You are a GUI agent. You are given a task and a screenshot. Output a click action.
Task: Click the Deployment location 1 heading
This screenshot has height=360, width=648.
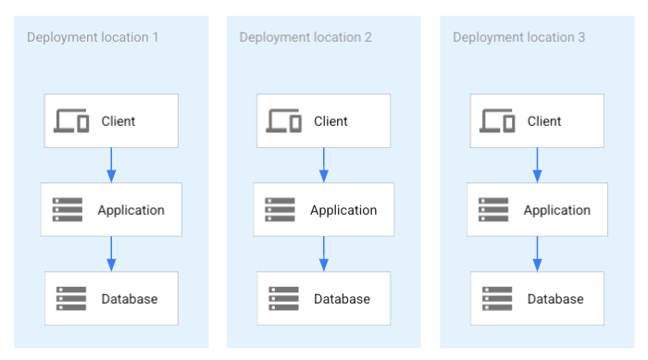click(x=93, y=37)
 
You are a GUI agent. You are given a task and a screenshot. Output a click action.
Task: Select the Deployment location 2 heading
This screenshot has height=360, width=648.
click(x=305, y=37)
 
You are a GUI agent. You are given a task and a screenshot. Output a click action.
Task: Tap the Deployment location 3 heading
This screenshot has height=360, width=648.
click(x=518, y=37)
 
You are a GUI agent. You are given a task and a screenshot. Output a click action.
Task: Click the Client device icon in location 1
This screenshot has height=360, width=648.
click(x=71, y=121)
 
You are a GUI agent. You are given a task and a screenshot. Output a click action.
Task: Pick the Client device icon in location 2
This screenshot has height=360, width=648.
click(x=284, y=121)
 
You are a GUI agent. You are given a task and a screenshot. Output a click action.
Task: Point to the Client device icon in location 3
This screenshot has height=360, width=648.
click(x=498, y=121)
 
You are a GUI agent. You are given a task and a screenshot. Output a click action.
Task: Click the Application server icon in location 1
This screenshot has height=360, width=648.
click(x=68, y=210)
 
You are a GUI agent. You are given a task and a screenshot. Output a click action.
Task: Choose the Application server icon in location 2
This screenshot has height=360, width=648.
click(x=280, y=210)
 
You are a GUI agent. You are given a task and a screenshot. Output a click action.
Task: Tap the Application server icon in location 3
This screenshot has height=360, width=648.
click(x=494, y=210)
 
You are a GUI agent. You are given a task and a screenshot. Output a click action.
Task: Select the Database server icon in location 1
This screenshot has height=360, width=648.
click(x=71, y=299)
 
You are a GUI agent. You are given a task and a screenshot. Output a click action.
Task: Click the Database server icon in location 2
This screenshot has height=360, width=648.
click(x=284, y=299)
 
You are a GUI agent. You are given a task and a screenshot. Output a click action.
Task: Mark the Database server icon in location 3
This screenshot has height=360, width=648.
click(x=498, y=299)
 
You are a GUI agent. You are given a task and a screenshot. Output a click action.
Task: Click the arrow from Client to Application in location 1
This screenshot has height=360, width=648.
click(x=111, y=165)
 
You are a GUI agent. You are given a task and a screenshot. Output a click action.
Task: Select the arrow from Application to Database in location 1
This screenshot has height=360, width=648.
click(x=111, y=254)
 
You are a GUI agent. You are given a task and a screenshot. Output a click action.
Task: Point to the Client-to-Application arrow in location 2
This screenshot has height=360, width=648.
click(x=324, y=165)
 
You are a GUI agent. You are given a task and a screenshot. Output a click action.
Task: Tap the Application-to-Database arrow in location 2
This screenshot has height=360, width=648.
click(x=324, y=254)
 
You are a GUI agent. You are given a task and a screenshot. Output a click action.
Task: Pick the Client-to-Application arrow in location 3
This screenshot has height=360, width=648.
click(x=538, y=165)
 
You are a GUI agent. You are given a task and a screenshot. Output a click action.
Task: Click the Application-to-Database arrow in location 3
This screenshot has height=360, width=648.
click(x=538, y=254)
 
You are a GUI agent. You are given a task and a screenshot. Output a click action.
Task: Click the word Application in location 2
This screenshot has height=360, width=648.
click(x=343, y=210)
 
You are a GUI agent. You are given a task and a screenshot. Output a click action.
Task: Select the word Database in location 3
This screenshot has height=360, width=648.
click(x=555, y=299)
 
